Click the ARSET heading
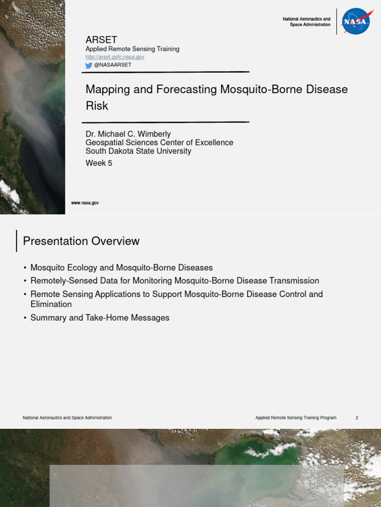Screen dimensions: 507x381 [x=102, y=40]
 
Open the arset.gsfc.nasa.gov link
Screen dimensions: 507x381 [x=115, y=57]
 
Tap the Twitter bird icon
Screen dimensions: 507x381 [x=89, y=65]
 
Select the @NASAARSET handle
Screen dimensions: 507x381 [x=113, y=65]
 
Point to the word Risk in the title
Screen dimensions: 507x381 [x=97, y=105]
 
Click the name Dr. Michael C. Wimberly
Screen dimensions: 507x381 [x=128, y=134]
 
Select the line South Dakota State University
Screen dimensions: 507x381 [x=138, y=152]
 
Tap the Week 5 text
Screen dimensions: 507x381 [x=99, y=163]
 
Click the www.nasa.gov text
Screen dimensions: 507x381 [x=85, y=203]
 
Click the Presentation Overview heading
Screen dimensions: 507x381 [x=81, y=241]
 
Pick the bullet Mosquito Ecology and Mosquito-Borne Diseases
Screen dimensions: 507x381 [x=122, y=268]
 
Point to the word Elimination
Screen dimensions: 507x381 [x=51, y=304]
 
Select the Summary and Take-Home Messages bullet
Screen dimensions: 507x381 [x=100, y=318]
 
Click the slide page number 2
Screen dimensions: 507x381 [x=357, y=418]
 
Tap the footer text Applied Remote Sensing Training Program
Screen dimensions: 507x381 [x=296, y=418]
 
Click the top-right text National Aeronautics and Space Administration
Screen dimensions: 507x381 [x=306, y=22]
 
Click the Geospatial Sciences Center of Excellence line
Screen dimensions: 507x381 [x=159, y=143]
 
